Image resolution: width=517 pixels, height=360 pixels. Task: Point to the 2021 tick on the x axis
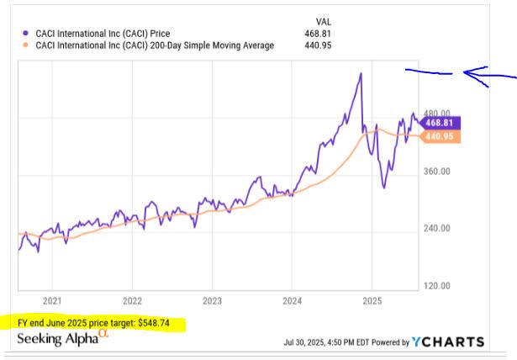52,299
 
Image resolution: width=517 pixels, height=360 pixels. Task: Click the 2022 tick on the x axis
132,299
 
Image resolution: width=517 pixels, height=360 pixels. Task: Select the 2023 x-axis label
212,299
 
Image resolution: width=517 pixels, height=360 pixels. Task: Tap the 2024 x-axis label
292,299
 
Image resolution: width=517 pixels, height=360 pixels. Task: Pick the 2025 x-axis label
372,299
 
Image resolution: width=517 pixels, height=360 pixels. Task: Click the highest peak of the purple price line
360,73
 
